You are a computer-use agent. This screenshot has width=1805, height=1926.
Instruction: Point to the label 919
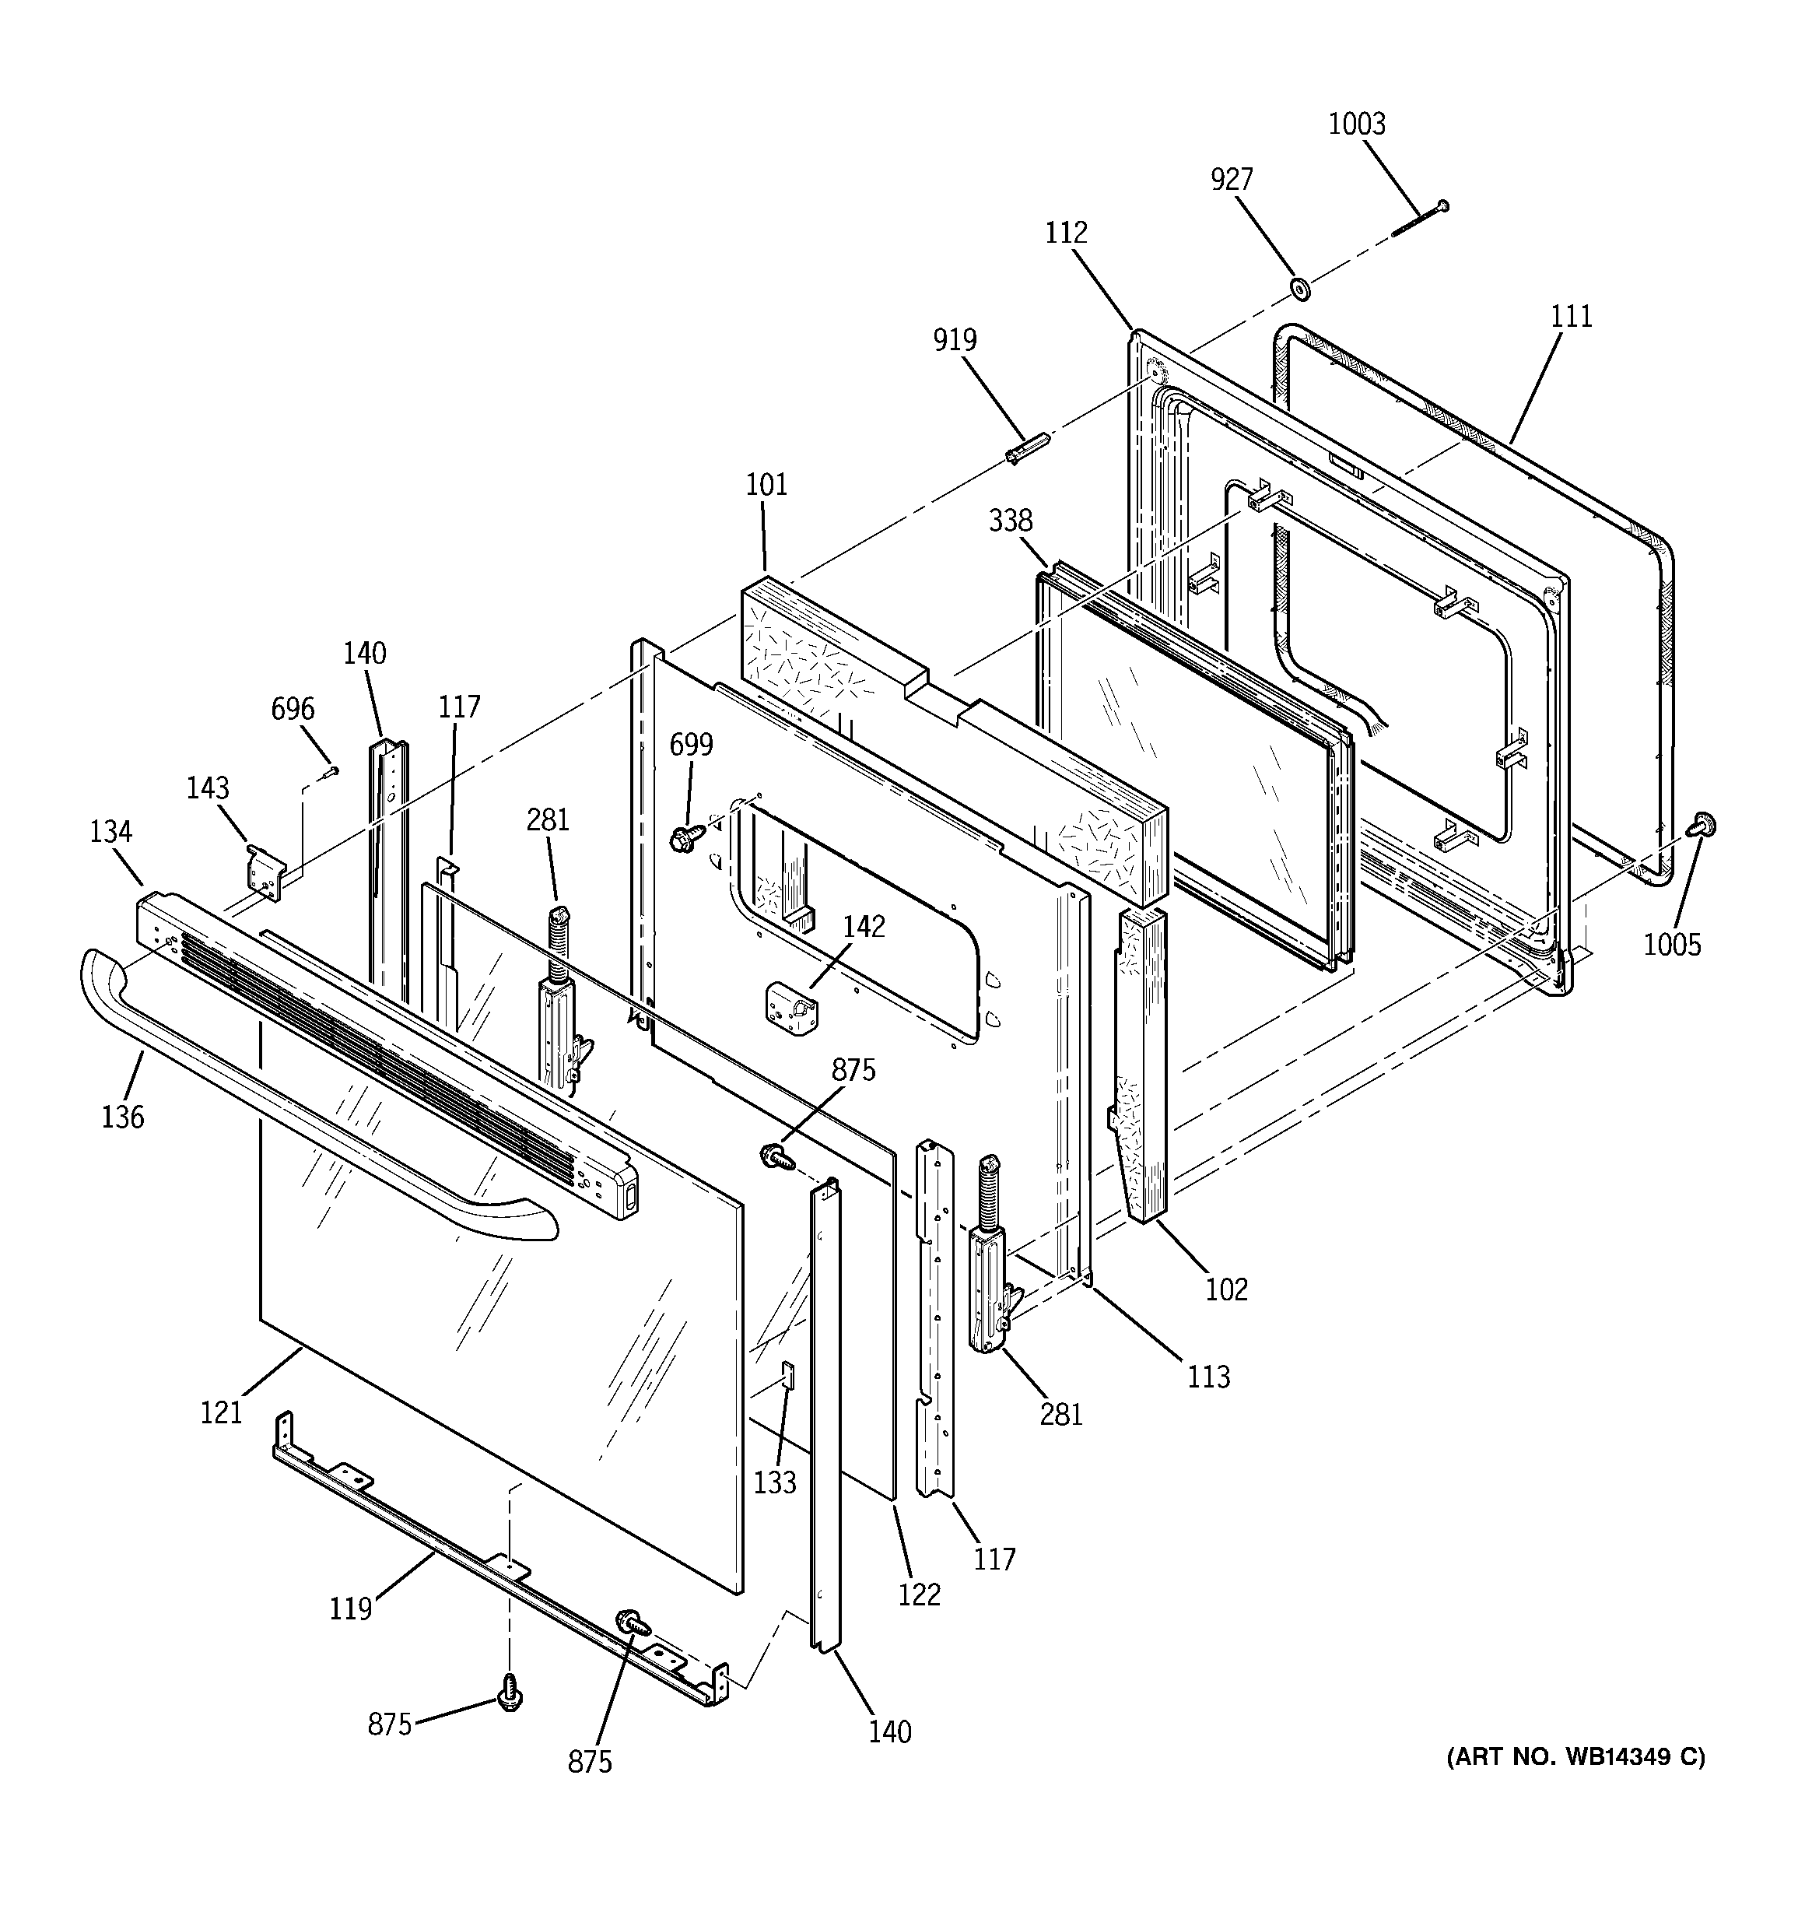pyautogui.click(x=955, y=340)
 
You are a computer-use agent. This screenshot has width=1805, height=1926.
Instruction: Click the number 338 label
pyautogui.click(x=1010, y=521)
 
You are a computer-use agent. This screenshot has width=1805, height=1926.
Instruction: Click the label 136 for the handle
pyautogui.click(x=122, y=1117)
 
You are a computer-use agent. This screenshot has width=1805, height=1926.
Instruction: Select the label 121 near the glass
pyautogui.click(x=221, y=1412)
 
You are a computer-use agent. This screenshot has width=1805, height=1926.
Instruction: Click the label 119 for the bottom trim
pyautogui.click(x=350, y=1609)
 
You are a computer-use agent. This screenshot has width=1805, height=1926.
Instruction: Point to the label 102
pyautogui.click(x=1227, y=1289)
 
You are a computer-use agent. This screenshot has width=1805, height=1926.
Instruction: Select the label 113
pyautogui.click(x=1208, y=1376)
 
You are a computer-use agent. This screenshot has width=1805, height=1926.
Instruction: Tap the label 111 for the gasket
pyautogui.click(x=1571, y=317)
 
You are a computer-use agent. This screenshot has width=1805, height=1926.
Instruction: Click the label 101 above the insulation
pyautogui.click(x=766, y=484)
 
